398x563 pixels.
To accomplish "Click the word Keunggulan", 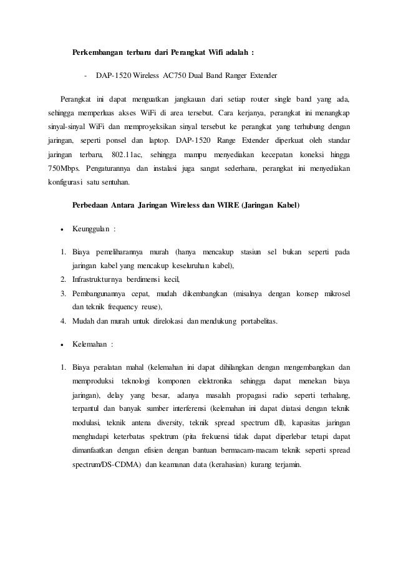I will (90, 229).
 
